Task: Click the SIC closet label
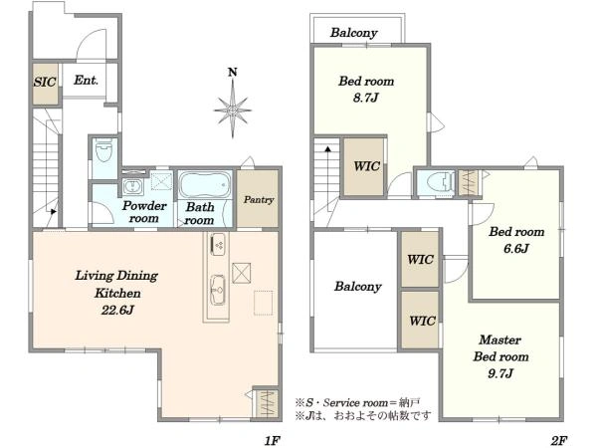click(45, 82)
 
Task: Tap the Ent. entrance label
click(86, 80)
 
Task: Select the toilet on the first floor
click(103, 150)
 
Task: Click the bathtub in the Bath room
click(205, 185)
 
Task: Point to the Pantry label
click(259, 200)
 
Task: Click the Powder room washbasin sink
click(132, 187)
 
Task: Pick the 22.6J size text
click(117, 310)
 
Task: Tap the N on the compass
click(232, 72)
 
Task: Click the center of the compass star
click(233, 111)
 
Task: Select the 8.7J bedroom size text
click(365, 98)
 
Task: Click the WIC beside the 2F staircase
click(366, 166)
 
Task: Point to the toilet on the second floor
click(440, 182)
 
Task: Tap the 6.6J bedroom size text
click(516, 249)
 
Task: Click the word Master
click(499, 339)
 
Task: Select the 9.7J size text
click(500, 373)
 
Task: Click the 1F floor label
click(273, 440)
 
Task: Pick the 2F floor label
click(559, 440)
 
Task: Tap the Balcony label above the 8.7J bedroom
click(353, 33)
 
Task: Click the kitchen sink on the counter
click(218, 291)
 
